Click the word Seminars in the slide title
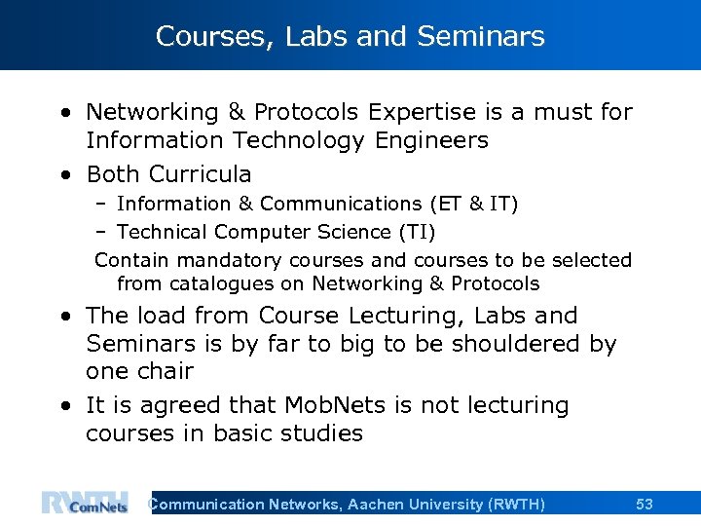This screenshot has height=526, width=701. click(x=480, y=37)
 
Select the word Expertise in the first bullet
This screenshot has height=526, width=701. click(x=400, y=112)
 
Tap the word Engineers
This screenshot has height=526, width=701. click(x=429, y=140)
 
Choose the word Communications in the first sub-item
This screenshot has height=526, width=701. click(x=336, y=204)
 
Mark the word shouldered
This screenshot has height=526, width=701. click(x=520, y=344)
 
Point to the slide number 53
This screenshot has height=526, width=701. click(x=645, y=504)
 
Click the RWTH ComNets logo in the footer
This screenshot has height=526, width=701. click(x=85, y=503)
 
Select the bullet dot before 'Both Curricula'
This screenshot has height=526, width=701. click(x=64, y=175)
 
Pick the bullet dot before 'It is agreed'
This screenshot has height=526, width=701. click(x=64, y=406)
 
